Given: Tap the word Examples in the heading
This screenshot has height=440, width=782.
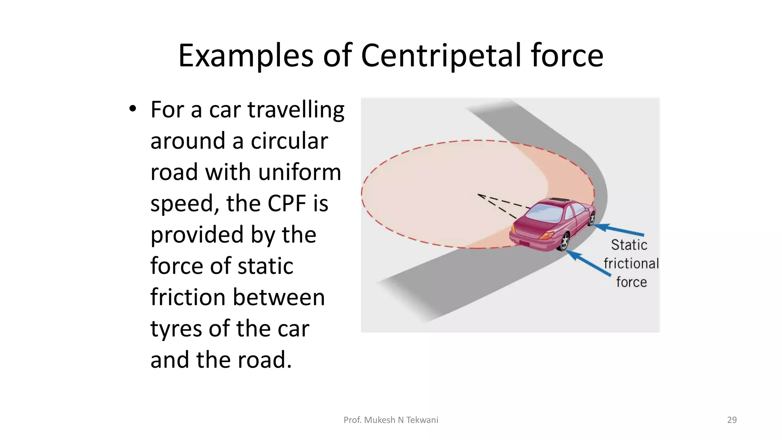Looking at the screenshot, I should pos(246,56).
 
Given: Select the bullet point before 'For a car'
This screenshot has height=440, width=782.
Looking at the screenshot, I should pos(132,109).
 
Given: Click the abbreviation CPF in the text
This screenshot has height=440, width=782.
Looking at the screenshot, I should pos(287,203).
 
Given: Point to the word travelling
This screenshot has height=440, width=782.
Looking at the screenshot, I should pos(296,110).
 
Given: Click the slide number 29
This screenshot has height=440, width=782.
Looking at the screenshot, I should pos(732,420).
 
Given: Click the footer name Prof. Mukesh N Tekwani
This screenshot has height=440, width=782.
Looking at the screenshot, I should pos(391,420).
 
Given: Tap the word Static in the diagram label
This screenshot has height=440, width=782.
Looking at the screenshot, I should pos(629,245).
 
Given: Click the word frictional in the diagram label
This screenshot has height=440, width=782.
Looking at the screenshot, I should pos(631,264).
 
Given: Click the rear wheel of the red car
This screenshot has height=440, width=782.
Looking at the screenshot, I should pos(564,241).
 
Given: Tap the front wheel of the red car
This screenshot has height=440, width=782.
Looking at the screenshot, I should pos(592,218).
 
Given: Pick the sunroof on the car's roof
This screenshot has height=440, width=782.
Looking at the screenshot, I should pos(559,200).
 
